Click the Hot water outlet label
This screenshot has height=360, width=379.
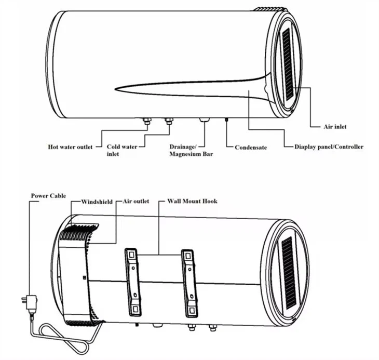[70, 147]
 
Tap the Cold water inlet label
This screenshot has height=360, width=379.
[122, 150]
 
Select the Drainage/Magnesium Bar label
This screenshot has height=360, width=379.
[191, 150]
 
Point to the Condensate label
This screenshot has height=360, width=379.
[251, 147]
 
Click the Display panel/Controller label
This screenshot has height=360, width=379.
[329, 147]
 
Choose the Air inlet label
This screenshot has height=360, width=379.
[335, 126]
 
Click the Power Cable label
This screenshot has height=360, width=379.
[48, 196]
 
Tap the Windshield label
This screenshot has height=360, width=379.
[97, 202]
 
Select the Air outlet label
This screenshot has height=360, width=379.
[136, 201]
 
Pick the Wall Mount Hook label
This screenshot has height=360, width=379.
[193, 201]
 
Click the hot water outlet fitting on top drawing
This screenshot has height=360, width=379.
[147, 121]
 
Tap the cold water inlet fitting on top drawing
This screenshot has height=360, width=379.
[169, 121]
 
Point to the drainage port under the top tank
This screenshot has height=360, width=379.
[205, 119]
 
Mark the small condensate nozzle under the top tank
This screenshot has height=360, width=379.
[226, 120]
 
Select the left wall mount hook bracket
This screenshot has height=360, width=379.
[133, 282]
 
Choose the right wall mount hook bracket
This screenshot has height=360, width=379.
[189, 283]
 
